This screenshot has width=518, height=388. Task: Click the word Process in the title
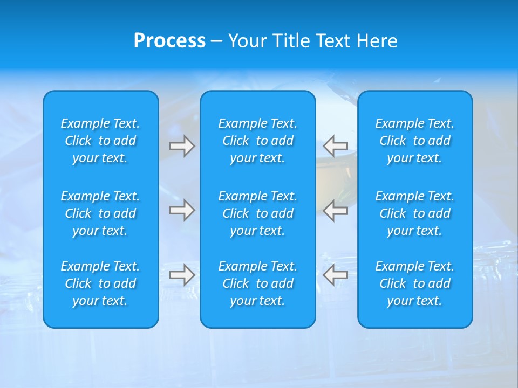pyautogui.click(x=169, y=41)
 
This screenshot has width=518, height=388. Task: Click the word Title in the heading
pyautogui.click(x=291, y=41)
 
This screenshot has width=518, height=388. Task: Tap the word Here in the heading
pyautogui.click(x=377, y=41)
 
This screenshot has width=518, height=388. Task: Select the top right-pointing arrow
pyautogui.click(x=182, y=146)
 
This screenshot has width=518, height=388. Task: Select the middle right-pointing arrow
pyautogui.click(x=182, y=210)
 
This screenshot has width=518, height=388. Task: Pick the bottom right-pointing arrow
pyautogui.click(x=182, y=275)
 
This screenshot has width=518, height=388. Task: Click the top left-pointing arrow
pyautogui.click(x=335, y=146)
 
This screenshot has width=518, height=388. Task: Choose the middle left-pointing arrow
pyautogui.click(x=335, y=210)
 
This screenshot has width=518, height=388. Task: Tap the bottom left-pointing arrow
pyautogui.click(x=335, y=275)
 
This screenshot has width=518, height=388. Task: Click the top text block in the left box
pyautogui.click(x=100, y=141)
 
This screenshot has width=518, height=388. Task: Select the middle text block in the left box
pyautogui.click(x=100, y=213)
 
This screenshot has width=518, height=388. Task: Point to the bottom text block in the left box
pyautogui.click(x=100, y=283)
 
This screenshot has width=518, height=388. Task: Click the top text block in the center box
pyautogui.click(x=258, y=141)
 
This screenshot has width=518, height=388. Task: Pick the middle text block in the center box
pyautogui.click(x=258, y=213)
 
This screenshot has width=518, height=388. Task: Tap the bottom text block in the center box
pyautogui.click(x=258, y=283)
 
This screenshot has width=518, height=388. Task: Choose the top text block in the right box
pyautogui.click(x=415, y=141)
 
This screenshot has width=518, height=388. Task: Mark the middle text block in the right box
pyautogui.click(x=415, y=213)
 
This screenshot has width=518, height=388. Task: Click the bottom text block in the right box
pyautogui.click(x=415, y=283)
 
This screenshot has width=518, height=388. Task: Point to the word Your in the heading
pyautogui.click(x=247, y=41)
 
